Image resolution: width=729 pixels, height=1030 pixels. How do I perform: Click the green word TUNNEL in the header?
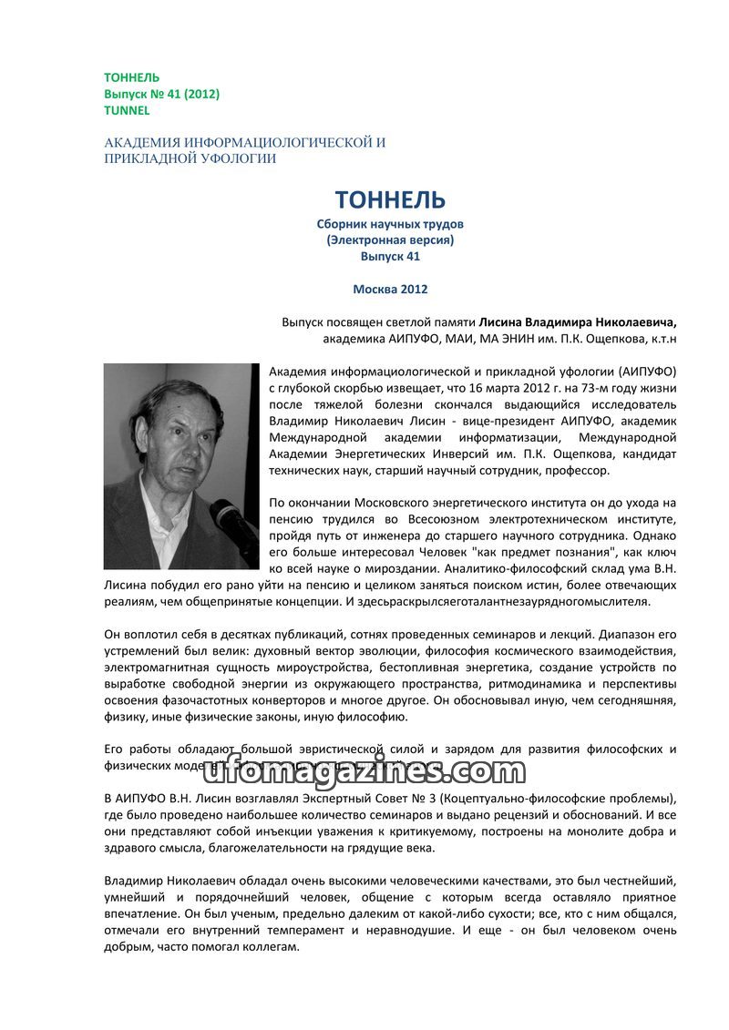point(127,110)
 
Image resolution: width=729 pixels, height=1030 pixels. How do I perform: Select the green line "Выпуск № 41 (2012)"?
point(161,94)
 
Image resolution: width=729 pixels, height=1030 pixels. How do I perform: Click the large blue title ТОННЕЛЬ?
point(390,199)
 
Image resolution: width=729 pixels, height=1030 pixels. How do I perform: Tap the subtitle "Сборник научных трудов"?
point(390,224)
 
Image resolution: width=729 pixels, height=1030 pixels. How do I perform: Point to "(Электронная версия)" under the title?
point(390,240)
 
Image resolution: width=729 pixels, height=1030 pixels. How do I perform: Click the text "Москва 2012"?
point(390,290)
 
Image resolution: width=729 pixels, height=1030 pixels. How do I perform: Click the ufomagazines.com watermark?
point(360,770)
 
